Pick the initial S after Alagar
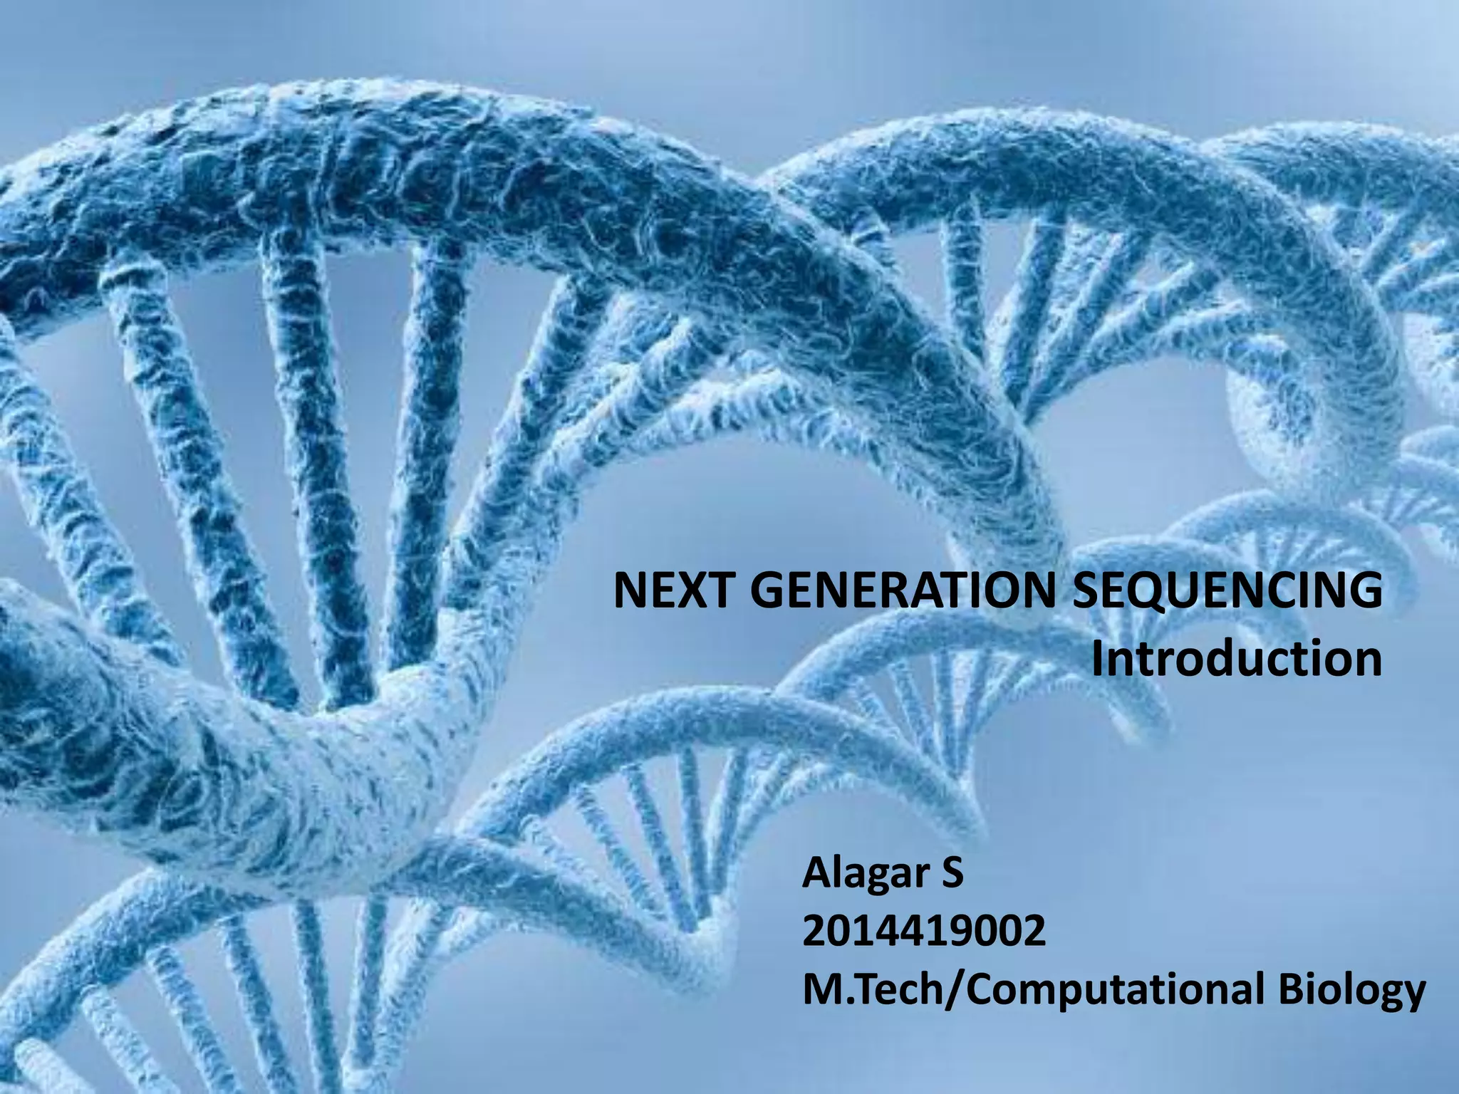pos(952,873)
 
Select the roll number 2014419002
pos(924,932)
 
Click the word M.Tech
pos(870,989)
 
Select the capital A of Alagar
pos(816,874)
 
